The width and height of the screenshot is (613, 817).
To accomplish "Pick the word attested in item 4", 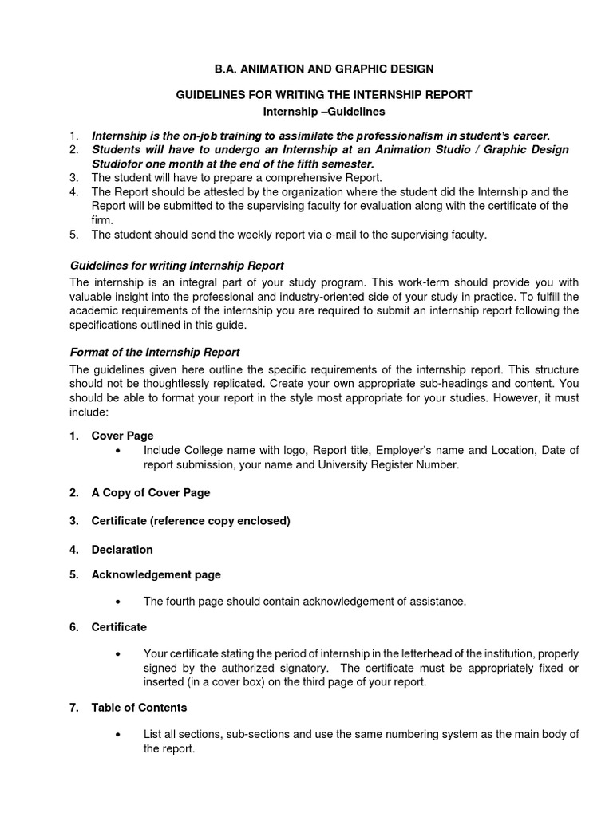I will [219, 191].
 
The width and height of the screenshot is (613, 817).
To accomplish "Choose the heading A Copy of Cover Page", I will [150, 492].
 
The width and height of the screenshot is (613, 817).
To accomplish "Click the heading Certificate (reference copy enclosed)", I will [190, 521].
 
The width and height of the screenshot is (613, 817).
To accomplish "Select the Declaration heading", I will [122, 550].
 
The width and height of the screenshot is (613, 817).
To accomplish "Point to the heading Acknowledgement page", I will [156, 574].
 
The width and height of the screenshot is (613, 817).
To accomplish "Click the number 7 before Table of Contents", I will [73, 707].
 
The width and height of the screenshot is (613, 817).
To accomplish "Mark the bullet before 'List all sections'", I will [118, 735].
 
